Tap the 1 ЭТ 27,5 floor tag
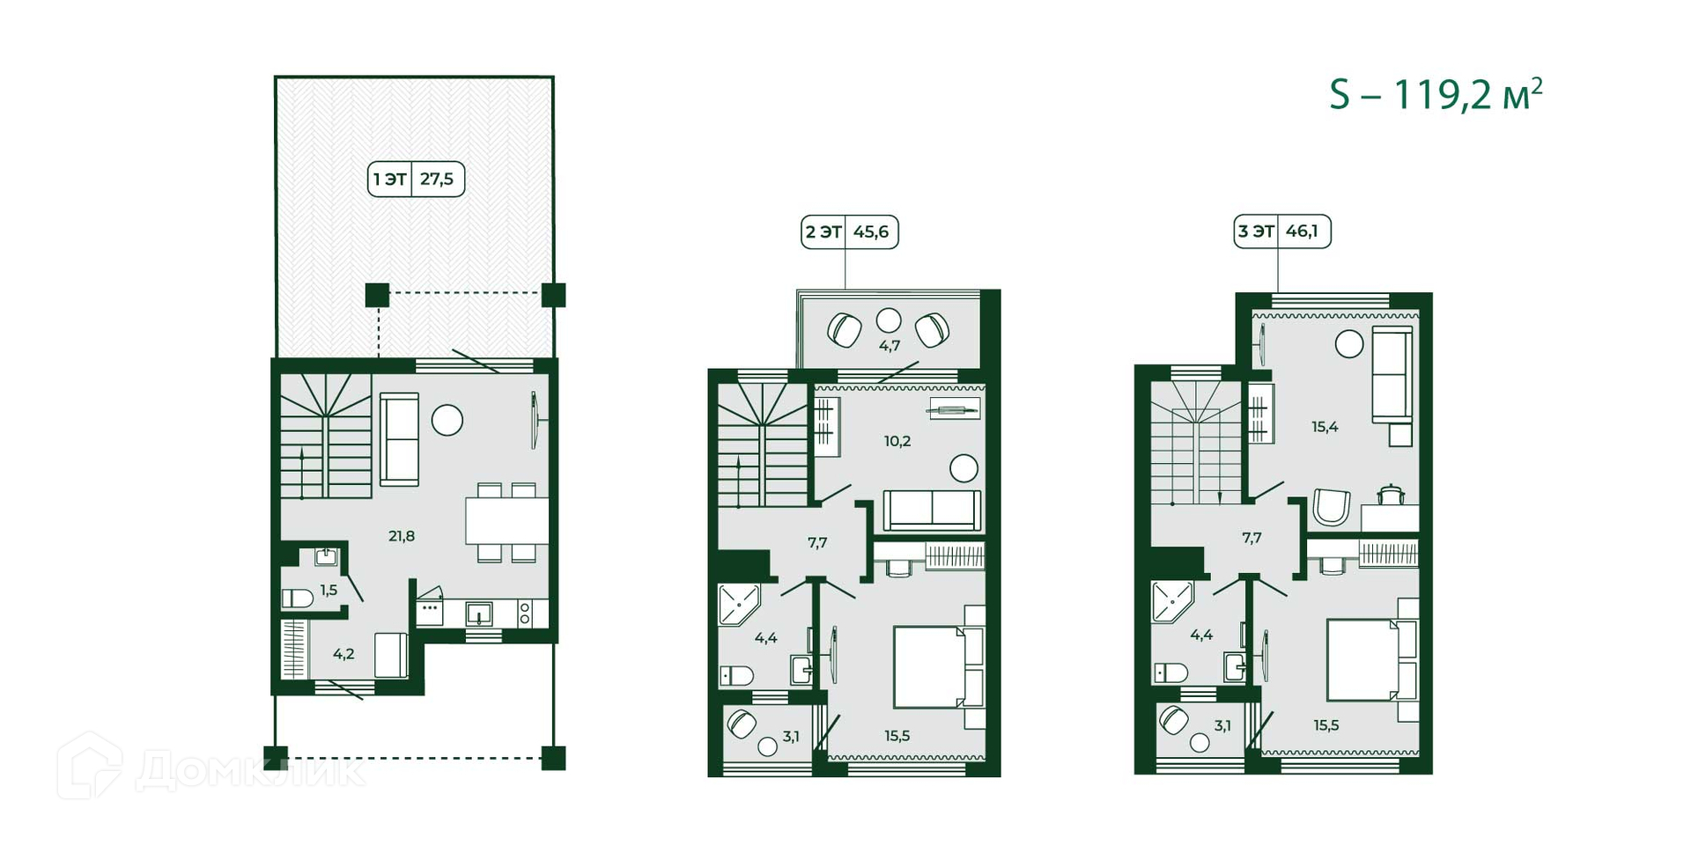(x=416, y=179)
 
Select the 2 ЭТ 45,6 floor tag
(x=849, y=231)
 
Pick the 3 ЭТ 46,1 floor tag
(x=1281, y=231)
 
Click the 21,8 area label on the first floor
(x=402, y=535)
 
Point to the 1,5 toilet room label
(x=329, y=590)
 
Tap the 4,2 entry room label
(x=343, y=654)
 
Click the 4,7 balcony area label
(x=890, y=346)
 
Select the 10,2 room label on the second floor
(x=897, y=441)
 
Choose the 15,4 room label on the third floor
(x=1325, y=427)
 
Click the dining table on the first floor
(x=506, y=521)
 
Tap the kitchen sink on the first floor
(x=479, y=613)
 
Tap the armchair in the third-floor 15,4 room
(x=1330, y=509)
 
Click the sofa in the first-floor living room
(x=399, y=439)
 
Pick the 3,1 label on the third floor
(x=1222, y=726)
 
